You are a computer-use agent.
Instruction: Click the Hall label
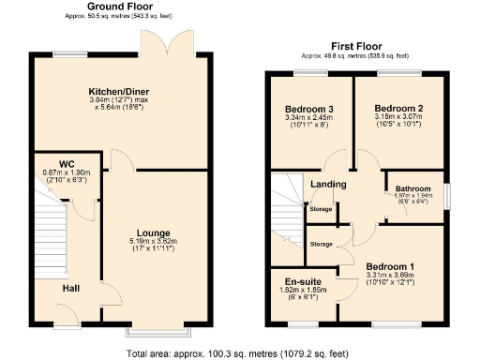click(71, 288)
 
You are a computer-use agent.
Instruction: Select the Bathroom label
click(412, 188)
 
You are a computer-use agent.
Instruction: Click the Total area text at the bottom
click(240, 353)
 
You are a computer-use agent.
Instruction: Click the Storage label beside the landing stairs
click(321, 208)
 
